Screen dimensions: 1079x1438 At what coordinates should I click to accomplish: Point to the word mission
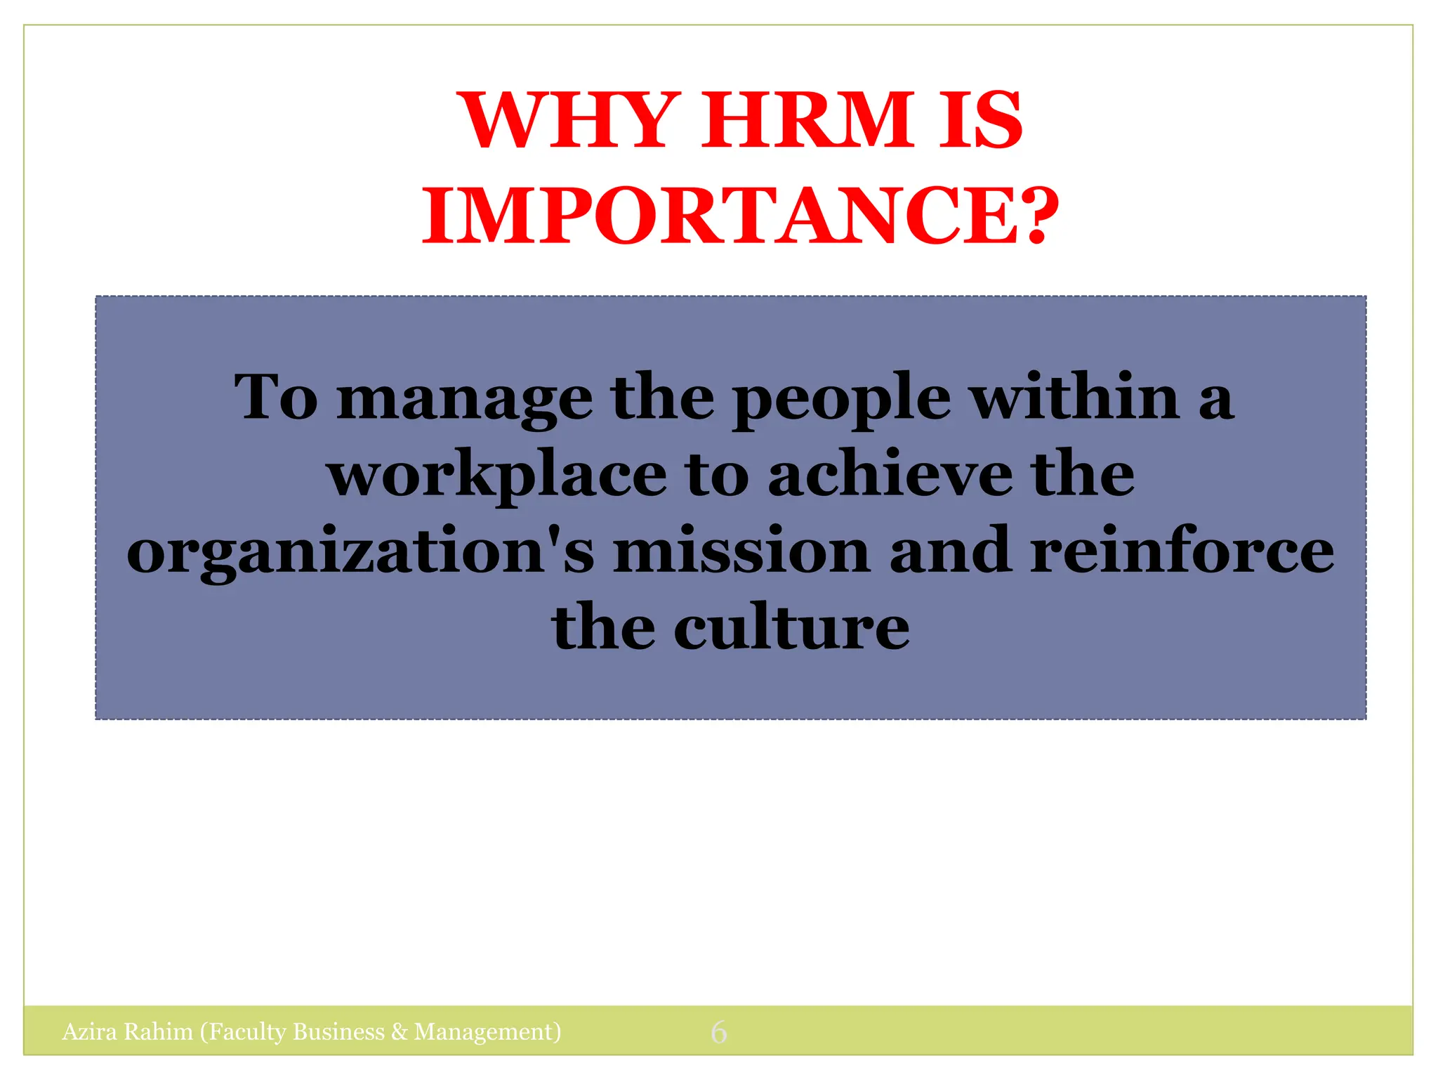coord(741,552)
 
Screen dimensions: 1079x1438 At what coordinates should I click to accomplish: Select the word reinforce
coord(1182,552)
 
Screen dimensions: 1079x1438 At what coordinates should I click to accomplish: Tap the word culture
coord(791,628)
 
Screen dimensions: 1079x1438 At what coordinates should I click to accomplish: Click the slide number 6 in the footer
coord(718,1032)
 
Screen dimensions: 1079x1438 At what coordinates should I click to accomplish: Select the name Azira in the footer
coord(89,1032)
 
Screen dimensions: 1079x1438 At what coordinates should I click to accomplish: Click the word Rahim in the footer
coord(158,1032)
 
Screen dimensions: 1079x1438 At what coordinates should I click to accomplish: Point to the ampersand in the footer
coord(400,1032)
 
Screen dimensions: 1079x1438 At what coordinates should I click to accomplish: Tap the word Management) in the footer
coord(487,1032)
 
